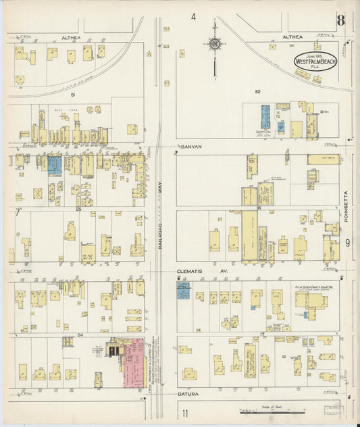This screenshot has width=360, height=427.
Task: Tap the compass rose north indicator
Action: (215, 44)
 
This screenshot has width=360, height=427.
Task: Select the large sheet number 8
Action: (341, 20)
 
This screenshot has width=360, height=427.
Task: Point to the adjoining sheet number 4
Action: (193, 17)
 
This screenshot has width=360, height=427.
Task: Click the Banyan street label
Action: (192, 146)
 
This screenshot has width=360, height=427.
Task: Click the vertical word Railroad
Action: (161, 240)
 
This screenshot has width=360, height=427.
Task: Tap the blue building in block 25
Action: (55, 164)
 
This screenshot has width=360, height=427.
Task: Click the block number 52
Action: (238, 91)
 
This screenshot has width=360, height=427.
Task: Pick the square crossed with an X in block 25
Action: (38, 193)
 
